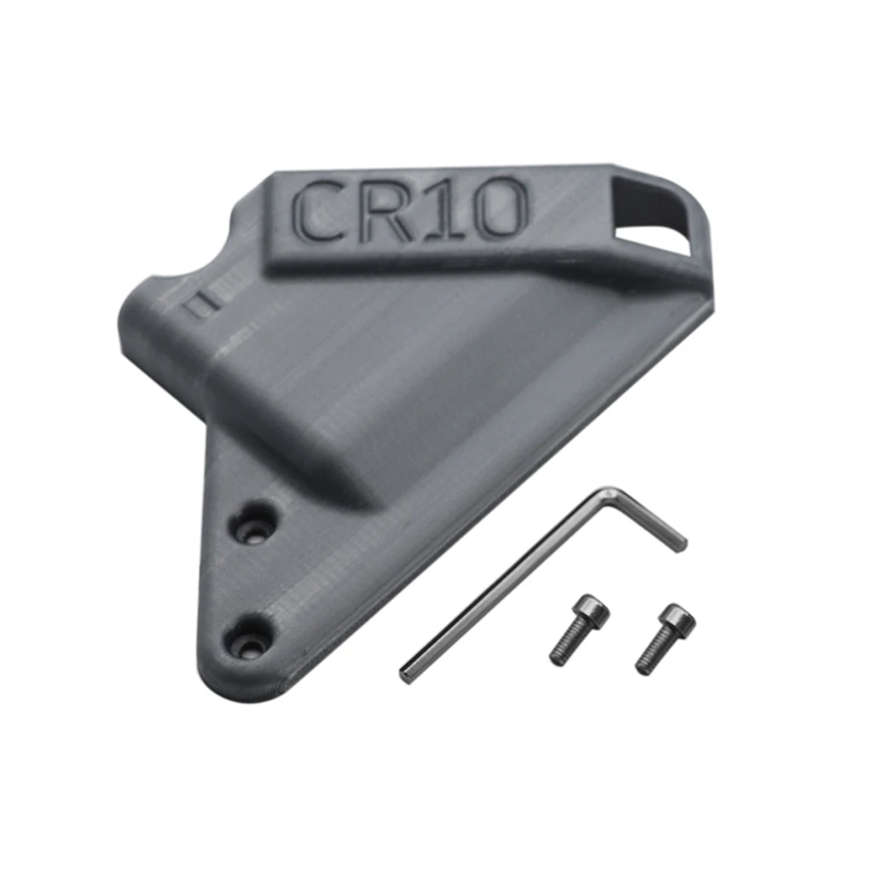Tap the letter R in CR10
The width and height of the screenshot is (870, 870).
pyautogui.click(x=387, y=209)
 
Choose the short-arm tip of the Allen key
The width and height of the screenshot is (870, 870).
pyautogui.click(x=681, y=543)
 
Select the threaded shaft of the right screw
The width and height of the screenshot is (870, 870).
pyautogui.click(x=652, y=657)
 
